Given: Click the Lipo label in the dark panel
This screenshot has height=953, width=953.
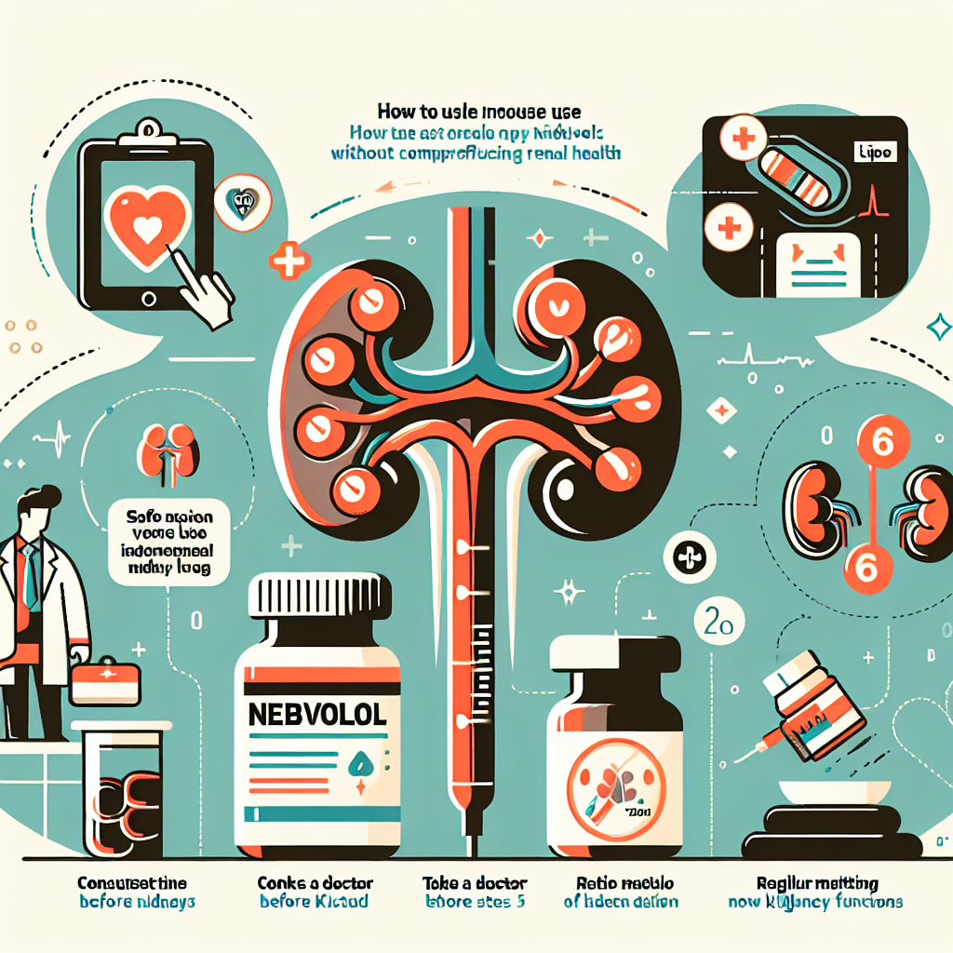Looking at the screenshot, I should coord(875,151).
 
